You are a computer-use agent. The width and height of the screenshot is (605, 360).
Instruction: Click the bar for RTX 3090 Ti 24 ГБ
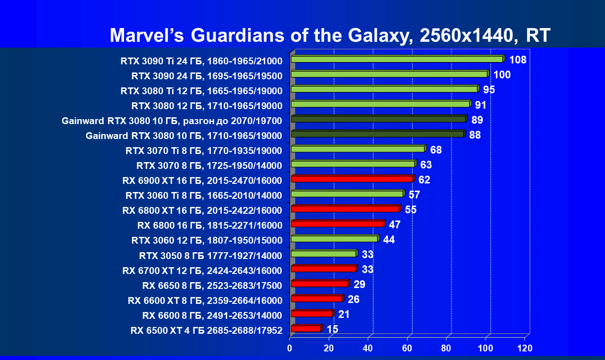(x=397, y=59)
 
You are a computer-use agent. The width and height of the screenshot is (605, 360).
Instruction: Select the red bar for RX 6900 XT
(x=352, y=179)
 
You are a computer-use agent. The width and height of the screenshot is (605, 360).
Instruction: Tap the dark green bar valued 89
(x=378, y=119)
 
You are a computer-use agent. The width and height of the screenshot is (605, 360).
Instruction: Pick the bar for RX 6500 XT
(x=306, y=328)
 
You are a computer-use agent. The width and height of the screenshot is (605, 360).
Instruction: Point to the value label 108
(x=518, y=60)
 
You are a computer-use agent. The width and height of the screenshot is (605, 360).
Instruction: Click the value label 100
(x=502, y=75)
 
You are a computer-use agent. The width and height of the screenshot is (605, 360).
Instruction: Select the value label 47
(x=394, y=225)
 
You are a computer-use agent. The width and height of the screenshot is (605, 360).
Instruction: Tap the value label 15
(x=332, y=329)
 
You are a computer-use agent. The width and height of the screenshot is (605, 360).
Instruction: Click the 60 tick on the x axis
(x=408, y=348)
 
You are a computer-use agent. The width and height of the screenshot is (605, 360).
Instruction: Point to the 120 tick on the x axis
(x=525, y=348)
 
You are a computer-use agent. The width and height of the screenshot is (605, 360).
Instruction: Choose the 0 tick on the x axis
(x=290, y=348)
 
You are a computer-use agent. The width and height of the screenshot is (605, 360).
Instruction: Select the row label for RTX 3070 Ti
(x=203, y=150)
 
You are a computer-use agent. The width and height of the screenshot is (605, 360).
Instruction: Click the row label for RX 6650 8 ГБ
(x=212, y=285)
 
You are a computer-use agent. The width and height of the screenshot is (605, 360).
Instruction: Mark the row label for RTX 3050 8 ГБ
(x=211, y=255)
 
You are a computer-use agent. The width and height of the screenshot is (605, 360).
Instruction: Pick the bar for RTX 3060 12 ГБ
(x=334, y=239)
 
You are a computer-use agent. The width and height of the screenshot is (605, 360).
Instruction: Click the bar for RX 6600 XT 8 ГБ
(x=317, y=298)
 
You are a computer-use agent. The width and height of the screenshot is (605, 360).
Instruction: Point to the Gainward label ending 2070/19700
(x=172, y=120)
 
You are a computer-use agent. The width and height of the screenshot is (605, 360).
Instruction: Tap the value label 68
(x=436, y=150)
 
